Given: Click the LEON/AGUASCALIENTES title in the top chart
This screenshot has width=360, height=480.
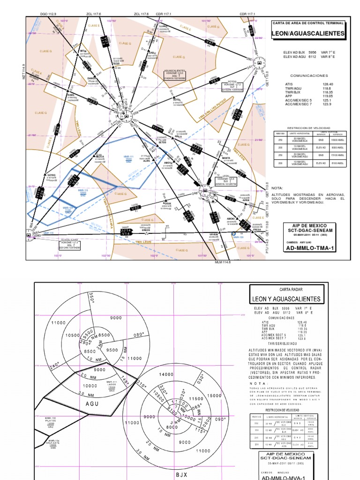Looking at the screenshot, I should click(307, 34).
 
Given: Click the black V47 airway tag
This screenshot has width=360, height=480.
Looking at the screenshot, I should click(211, 43).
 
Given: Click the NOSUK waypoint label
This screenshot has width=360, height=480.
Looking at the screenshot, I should click(167, 204).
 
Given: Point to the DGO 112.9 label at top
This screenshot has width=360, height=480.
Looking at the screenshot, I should click(48, 15).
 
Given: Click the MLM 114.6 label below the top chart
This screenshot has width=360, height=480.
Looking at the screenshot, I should click(224, 262).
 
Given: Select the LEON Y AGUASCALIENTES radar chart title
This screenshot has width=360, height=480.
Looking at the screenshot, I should click(286, 299).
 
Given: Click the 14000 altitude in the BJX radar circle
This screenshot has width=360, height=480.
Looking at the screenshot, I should click(167, 375).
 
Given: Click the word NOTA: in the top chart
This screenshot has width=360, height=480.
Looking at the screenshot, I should click(277, 187).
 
